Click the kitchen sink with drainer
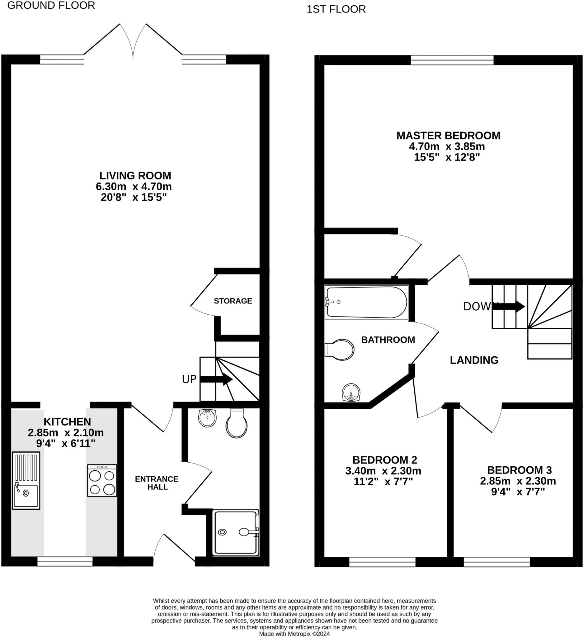click(26, 480)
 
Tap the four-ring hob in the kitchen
click(102, 480)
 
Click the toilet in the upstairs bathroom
click(340, 350)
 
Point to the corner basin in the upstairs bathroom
click(351, 393)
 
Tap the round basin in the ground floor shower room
click(207, 418)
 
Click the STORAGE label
click(233, 301)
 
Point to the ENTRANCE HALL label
click(157, 483)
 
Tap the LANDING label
click(474, 360)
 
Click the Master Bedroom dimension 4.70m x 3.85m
click(447, 146)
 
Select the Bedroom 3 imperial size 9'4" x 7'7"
click(518, 492)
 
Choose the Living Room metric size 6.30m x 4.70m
click(134, 186)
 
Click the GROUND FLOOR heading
click(51, 5)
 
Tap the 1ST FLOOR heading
click(336, 9)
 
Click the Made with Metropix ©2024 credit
click(294, 634)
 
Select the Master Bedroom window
click(452, 60)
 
